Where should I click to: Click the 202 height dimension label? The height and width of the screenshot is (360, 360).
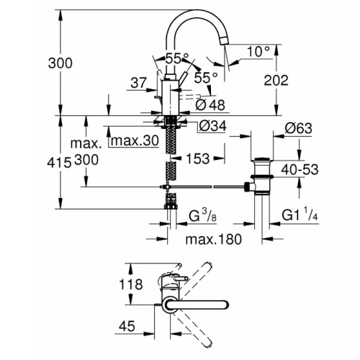(276, 80)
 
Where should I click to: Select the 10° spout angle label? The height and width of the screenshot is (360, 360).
(258, 51)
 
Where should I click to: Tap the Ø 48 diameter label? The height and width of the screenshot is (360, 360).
(210, 105)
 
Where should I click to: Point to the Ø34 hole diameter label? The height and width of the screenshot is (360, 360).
(212, 126)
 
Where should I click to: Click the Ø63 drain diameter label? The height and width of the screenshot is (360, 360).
(299, 128)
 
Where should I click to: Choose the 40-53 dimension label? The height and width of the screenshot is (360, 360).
(300, 169)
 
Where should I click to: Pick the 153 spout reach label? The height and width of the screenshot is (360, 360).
(198, 158)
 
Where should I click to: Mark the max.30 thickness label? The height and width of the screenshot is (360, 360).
(135, 140)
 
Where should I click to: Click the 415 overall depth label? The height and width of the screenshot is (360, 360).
(59, 163)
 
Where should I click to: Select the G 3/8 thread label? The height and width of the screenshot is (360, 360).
(203, 216)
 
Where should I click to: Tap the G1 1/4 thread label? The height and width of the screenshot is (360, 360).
(300, 215)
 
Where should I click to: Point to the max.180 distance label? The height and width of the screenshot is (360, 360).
(214, 239)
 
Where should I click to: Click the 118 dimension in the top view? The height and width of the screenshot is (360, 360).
(131, 284)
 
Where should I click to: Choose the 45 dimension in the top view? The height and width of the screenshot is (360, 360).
(127, 326)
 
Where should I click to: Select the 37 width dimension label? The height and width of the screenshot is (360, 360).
(138, 83)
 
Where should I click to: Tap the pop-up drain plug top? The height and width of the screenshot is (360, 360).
(262, 159)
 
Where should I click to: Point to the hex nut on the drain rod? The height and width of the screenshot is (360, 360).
(247, 186)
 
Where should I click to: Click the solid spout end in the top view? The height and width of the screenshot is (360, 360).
(197, 305)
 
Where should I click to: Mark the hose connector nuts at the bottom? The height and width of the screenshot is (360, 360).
(171, 207)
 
